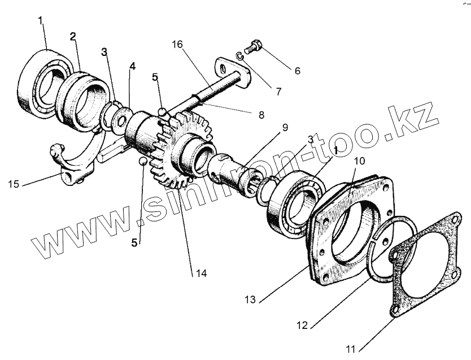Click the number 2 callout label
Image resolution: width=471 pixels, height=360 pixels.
[x=72, y=37]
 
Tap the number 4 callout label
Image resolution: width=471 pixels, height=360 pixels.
[x=132, y=66]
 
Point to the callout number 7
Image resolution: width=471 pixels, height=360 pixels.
[x=277, y=90]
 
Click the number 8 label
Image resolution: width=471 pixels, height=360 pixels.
[x=260, y=115]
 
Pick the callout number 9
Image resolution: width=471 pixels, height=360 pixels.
[x=285, y=128]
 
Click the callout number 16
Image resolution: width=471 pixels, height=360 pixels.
[x=178, y=45]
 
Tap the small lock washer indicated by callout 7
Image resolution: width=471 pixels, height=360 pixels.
[x=239, y=55]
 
